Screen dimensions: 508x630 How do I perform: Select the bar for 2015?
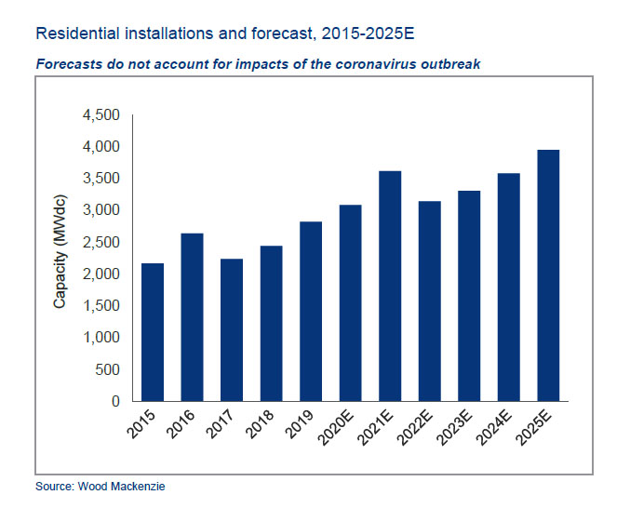(x=152, y=332)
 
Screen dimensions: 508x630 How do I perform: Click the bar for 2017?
(x=231, y=329)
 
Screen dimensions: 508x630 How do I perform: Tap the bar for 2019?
(x=310, y=311)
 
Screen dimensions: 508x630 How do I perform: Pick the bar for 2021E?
(x=389, y=286)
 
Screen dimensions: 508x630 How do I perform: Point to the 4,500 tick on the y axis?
(x=101, y=115)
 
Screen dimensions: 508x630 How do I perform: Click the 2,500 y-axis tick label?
(x=101, y=242)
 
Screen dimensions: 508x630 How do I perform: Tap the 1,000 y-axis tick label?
(x=101, y=338)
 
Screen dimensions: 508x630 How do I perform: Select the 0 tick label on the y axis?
(x=115, y=402)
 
